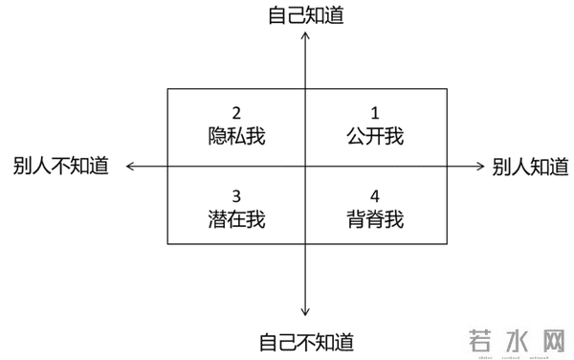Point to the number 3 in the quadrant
(235, 195)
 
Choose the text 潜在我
(235, 219)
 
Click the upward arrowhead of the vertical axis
(305, 35)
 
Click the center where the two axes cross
(305, 166)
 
